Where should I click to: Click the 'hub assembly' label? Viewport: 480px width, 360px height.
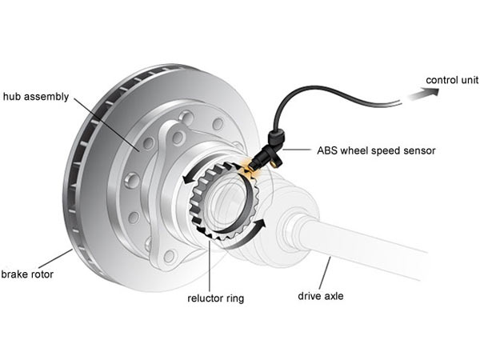(36, 97)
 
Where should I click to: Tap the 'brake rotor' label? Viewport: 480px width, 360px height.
(27, 274)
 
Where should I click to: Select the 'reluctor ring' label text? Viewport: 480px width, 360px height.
(215, 298)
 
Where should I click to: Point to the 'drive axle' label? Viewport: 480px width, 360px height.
(321, 296)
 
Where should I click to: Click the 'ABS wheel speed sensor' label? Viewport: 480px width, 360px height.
(376, 150)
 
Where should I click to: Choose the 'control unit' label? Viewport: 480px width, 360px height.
(452, 80)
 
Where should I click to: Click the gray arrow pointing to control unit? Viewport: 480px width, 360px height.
(423, 94)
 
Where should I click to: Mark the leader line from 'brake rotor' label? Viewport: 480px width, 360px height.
(55, 259)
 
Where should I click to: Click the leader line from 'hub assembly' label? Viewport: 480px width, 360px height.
(106, 124)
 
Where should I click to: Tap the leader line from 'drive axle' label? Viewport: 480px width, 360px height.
(325, 273)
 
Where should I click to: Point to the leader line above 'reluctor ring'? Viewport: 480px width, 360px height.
(210, 266)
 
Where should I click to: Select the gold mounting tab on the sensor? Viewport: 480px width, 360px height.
(276, 163)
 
